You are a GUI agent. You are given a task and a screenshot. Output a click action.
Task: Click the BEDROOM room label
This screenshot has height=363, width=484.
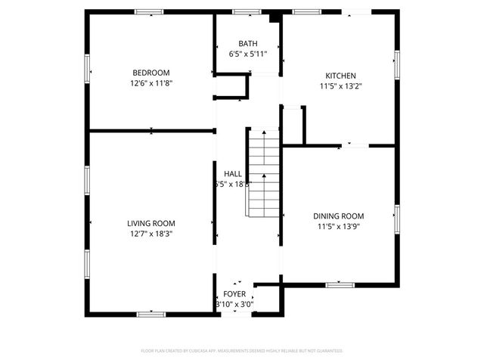151,73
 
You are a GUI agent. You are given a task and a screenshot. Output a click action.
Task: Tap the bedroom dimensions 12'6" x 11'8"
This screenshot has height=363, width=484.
151,83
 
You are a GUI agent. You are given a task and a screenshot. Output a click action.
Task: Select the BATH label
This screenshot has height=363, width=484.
248,44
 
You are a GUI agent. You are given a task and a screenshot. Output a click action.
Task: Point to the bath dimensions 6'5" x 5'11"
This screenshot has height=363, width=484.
248,54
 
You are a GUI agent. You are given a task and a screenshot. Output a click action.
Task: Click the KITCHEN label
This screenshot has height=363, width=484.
340,76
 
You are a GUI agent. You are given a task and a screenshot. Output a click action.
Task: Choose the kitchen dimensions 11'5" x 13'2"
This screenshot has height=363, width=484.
340,86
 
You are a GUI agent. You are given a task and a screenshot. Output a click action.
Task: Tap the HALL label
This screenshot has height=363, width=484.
232,173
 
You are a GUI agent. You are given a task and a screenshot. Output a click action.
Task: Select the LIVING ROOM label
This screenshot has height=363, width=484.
151,223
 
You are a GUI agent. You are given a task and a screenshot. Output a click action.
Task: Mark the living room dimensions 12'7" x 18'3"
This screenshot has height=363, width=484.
151,234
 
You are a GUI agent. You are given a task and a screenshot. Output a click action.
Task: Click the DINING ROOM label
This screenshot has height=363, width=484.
339,216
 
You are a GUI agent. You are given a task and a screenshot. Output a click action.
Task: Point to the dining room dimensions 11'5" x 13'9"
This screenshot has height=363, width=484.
339,226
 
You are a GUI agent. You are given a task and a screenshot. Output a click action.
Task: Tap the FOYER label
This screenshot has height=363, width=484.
234,293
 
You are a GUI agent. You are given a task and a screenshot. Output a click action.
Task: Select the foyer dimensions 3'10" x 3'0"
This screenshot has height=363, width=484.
234,304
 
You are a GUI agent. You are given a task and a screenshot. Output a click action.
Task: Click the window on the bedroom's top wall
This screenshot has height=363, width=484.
149,12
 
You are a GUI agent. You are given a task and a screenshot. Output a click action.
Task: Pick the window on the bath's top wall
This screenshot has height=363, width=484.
247,12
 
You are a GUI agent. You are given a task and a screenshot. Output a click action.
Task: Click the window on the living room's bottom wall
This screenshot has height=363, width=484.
151,313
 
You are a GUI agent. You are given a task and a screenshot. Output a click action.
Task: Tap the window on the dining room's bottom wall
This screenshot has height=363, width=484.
340,285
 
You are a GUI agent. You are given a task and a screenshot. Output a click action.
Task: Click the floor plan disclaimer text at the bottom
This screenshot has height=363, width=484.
242,351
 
